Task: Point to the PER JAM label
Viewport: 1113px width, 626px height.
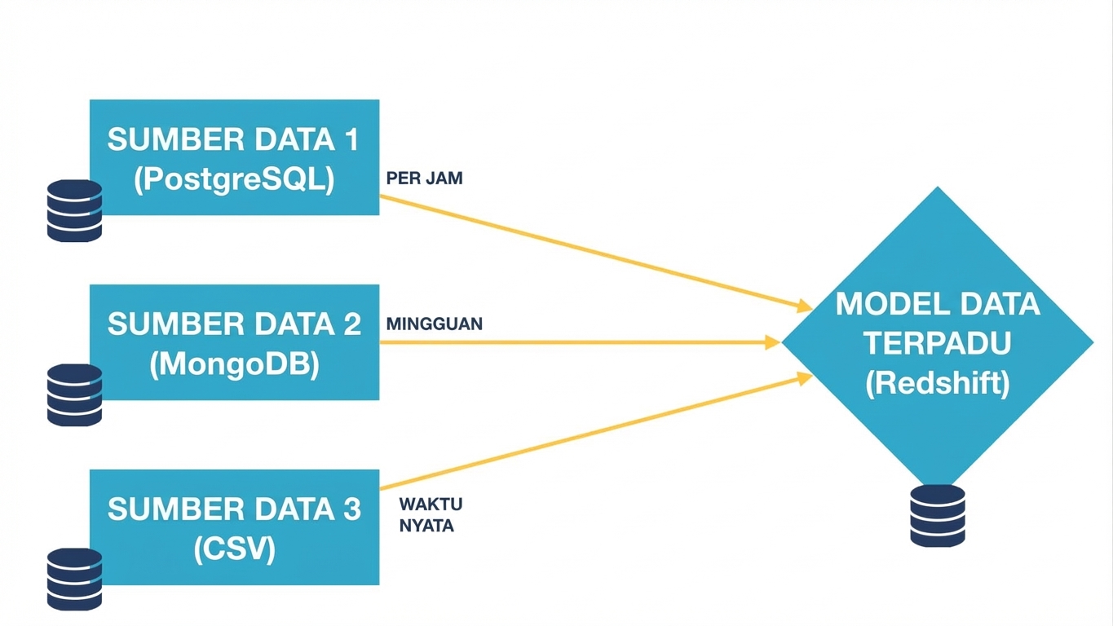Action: coord(424,179)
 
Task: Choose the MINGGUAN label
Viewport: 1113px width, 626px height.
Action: coord(434,324)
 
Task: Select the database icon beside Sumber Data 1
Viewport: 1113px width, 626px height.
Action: coord(74,211)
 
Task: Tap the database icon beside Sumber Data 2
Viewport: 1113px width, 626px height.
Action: coord(74,395)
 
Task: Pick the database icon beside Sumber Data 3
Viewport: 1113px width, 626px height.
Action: coord(74,580)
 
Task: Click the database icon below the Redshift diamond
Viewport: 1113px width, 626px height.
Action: coord(938,515)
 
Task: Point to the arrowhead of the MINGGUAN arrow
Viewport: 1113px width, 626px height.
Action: coord(772,342)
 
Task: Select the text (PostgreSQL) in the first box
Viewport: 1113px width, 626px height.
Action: coord(234,180)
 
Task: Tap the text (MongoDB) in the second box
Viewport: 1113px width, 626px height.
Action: coord(234,364)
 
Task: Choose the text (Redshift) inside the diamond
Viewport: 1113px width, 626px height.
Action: coord(938,382)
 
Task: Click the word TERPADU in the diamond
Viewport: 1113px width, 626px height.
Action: coord(938,343)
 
